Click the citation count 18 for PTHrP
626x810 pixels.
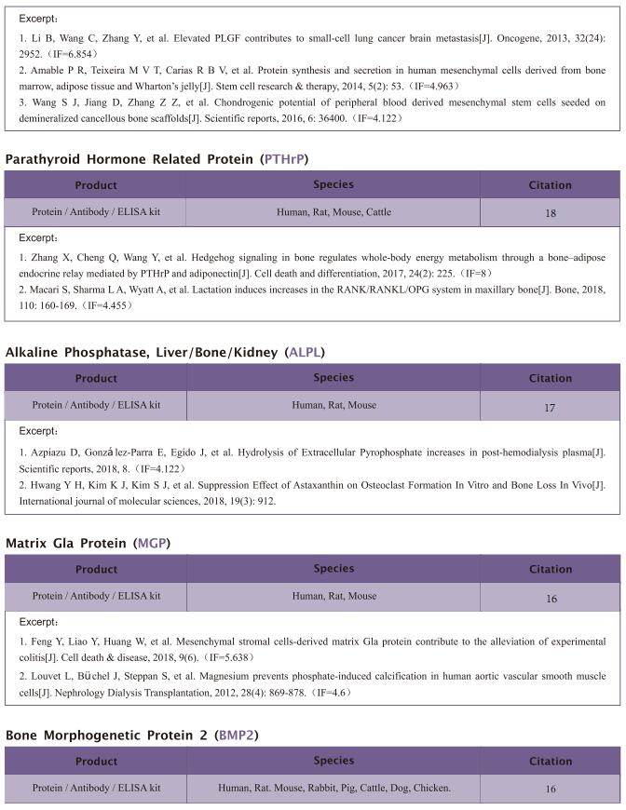pyautogui.click(x=550, y=213)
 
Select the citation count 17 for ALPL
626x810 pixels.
pyautogui.click(x=550, y=407)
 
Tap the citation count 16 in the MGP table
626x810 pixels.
pyautogui.click(x=550, y=598)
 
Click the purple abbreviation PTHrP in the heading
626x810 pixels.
pyautogui.click(x=285, y=159)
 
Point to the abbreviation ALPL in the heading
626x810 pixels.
pyautogui.click(x=305, y=352)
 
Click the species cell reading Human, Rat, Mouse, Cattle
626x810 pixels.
pyautogui.click(x=333, y=212)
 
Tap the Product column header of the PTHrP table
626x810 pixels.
pyautogui.click(x=96, y=185)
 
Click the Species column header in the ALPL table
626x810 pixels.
pyautogui.click(x=333, y=377)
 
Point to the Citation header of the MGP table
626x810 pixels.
pyautogui.click(x=550, y=569)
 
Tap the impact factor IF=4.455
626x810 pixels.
pyautogui.click(x=99, y=304)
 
